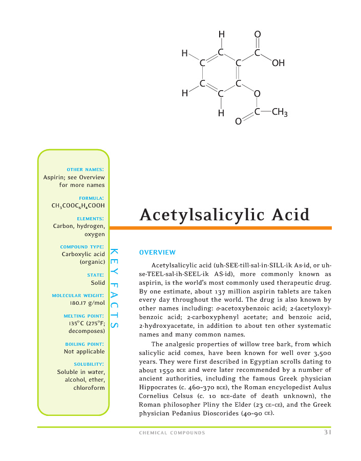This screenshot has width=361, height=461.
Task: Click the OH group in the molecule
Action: [279, 64]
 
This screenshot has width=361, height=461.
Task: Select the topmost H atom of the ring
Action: [221, 35]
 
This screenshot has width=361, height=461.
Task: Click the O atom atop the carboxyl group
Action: [257, 35]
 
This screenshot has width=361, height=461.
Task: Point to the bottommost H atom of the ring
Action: [221, 113]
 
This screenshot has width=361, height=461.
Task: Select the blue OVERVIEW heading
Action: [157, 253]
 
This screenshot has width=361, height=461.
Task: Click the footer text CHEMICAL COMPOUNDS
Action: [172, 433]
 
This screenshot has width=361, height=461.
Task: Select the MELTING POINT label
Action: [86, 316]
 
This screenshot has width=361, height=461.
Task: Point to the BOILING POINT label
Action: [86, 344]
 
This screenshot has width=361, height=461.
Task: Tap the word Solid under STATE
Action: [98, 282]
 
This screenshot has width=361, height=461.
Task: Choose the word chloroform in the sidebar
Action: [89, 388]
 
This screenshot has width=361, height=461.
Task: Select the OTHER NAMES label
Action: [86, 169]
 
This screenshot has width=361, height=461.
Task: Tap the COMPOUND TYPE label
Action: [82, 246]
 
